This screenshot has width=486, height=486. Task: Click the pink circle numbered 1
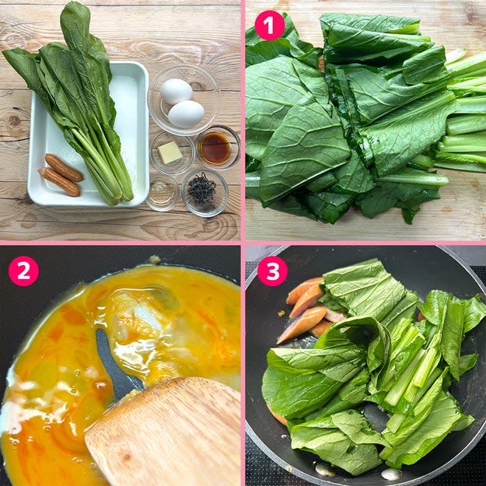point(269,26)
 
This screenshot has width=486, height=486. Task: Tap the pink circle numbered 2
point(23,271)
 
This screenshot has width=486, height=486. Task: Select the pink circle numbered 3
point(272,271)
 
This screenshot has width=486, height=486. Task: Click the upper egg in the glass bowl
point(177,92)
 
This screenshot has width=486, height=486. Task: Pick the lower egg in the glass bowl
point(186,114)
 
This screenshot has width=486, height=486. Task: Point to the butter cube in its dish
point(170,152)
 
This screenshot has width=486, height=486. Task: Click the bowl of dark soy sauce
point(218,147)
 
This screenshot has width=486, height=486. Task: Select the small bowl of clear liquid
point(162,193)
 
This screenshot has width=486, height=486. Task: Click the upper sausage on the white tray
point(65,168)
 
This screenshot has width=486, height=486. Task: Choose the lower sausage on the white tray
point(59,182)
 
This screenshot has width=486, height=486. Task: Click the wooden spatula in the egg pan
point(163,432)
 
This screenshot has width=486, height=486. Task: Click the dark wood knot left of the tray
point(14,121)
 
